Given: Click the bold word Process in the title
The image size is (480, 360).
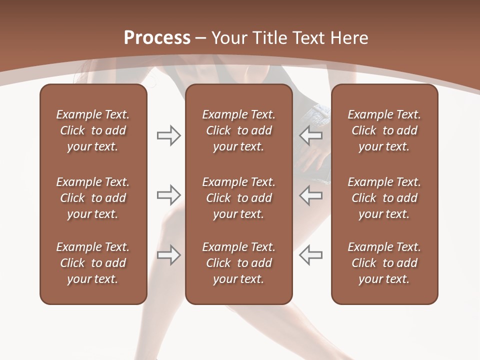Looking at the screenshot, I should coord(157,38).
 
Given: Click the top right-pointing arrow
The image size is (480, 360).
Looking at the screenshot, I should coord(168,135).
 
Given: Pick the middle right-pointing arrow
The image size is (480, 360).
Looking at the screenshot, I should coord(168,194).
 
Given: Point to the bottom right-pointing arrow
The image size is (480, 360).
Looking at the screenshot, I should coord(168,255).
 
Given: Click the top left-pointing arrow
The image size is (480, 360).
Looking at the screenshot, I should coord(311,135).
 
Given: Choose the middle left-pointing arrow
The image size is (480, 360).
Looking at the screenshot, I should coord(311,194).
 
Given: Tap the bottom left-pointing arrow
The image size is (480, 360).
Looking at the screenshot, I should coord(311,255).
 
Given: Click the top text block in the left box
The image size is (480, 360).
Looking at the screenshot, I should coord(93,130).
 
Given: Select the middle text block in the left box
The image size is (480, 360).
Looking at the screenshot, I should coord(93,198).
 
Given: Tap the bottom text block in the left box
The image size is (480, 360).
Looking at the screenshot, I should coord(93,263).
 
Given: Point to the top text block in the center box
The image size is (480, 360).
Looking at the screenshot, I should coord(238,130).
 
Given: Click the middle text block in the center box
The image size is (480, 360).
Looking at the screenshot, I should coord(238,198).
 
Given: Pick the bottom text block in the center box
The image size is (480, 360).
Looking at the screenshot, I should coord(238,263).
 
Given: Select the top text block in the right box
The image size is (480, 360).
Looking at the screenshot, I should coord(384,130).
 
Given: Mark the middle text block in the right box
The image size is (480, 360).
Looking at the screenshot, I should coord(384,198).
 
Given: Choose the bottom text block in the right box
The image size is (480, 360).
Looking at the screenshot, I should coord(384,263).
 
